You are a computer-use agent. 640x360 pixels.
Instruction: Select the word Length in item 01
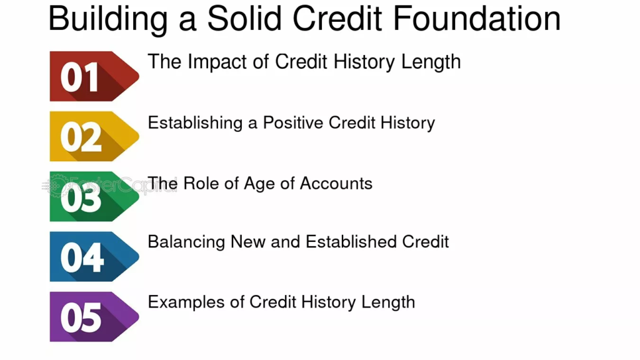[x=432, y=62]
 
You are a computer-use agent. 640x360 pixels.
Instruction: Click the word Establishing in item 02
[x=196, y=122]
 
